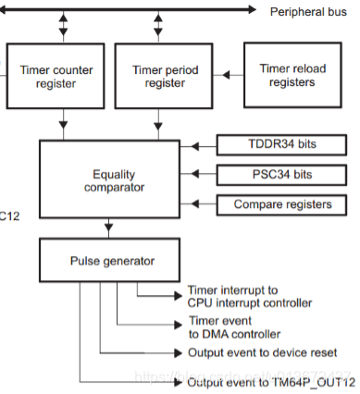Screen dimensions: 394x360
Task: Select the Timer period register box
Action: [x=158, y=75]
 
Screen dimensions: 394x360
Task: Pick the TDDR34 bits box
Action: [x=281, y=145]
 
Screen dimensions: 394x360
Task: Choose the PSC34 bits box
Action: [x=281, y=174]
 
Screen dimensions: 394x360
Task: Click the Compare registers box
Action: [x=281, y=203]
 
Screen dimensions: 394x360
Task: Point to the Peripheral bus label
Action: [x=307, y=11]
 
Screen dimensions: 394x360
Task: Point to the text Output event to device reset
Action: [x=268, y=353]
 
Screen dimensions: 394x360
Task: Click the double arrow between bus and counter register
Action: [x=62, y=25]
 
